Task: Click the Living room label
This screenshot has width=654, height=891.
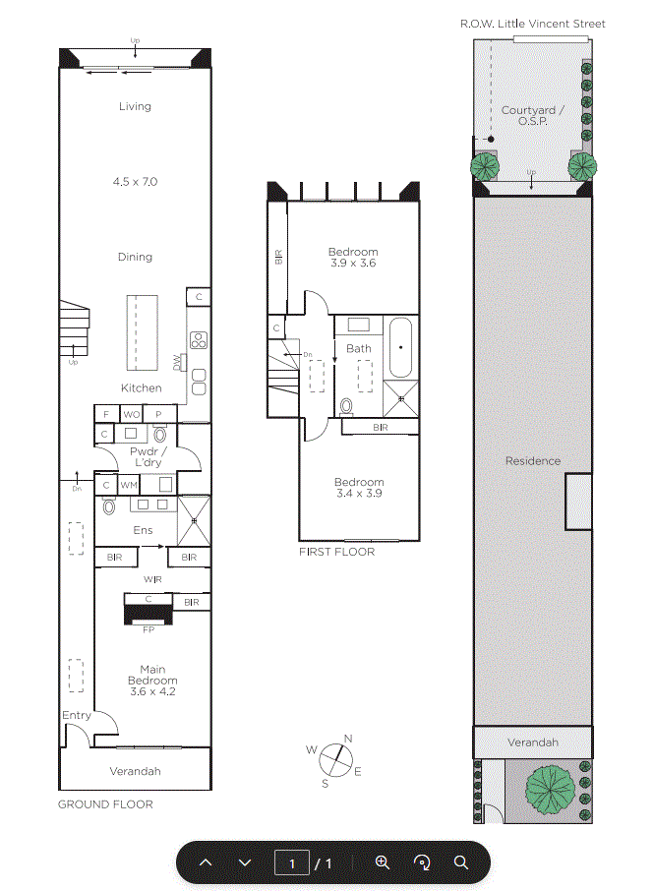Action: (135, 106)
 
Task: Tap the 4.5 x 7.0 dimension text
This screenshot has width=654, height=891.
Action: (135, 182)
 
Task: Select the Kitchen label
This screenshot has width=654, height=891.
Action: (141, 388)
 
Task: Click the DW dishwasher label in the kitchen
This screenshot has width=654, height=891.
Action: (177, 363)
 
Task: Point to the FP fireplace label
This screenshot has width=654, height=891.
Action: (149, 629)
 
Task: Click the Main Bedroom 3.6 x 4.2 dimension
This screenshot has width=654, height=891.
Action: (152, 691)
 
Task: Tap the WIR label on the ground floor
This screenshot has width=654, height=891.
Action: (152, 579)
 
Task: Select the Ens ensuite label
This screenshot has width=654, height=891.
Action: (143, 530)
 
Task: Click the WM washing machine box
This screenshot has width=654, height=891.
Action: (129, 485)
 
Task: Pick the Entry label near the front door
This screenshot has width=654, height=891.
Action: (76, 715)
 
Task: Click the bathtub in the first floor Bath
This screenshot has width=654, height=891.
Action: (400, 347)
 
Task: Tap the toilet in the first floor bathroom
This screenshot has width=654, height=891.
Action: (346, 407)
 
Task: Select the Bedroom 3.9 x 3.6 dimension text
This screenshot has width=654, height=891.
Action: (353, 264)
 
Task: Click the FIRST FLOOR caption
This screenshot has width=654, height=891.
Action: (337, 552)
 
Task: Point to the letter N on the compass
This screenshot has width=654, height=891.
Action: (348, 739)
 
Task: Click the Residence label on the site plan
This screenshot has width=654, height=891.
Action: (533, 461)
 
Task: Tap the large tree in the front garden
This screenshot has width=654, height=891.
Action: (550, 790)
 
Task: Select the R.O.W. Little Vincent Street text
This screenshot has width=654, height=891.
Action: (532, 24)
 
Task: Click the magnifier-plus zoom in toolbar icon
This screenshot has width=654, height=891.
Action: (383, 862)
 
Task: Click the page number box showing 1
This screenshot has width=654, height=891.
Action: (292, 862)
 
